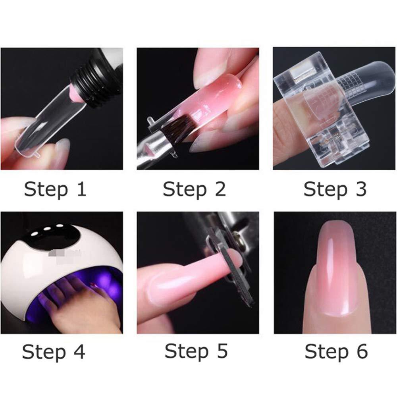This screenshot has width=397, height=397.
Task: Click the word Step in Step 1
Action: pyautogui.click(x=44, y=190)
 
